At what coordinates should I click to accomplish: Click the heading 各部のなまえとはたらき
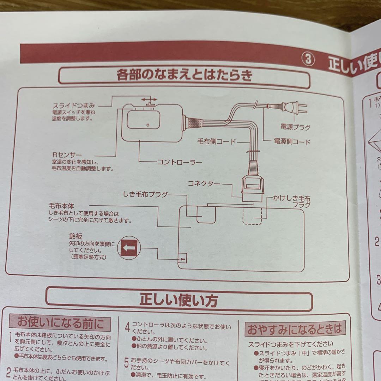coord(184,75)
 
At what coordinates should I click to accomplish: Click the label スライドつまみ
coord(74,105)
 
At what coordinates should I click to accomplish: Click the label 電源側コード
coord(292,142)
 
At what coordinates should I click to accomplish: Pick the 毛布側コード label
coord(216,142)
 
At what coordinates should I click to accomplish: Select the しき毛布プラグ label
coord(145,194)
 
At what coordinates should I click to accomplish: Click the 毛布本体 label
coord(62,205)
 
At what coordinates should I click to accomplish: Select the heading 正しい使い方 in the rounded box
coord(179,300)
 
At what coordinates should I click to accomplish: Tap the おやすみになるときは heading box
coord(295,329)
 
